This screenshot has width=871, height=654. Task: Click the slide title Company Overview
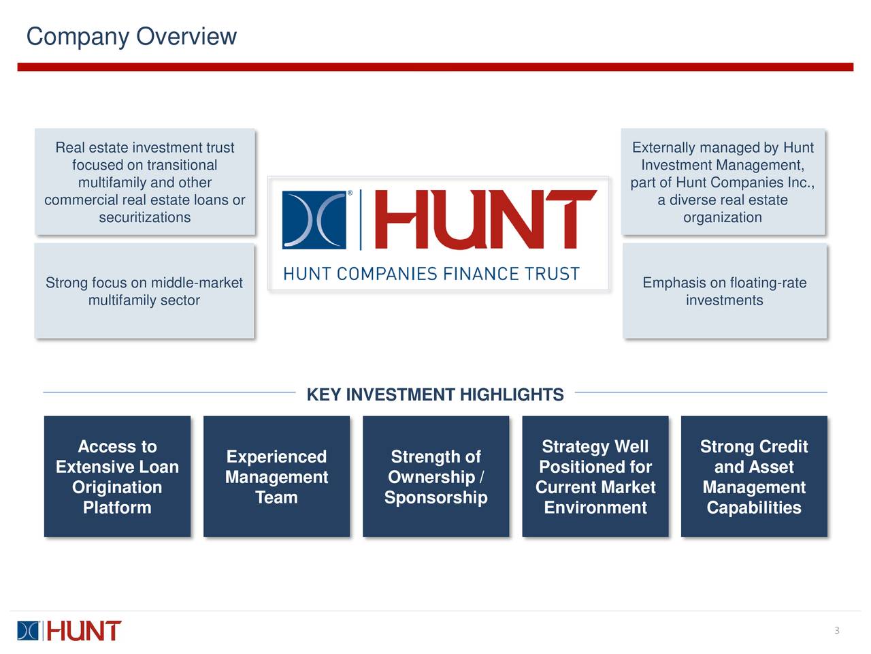[131, 36]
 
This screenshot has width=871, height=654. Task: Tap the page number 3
[837, 630]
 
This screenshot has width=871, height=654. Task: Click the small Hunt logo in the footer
[69, 631]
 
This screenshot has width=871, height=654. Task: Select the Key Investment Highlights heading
[435, 395]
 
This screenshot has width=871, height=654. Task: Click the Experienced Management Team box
[276, 476]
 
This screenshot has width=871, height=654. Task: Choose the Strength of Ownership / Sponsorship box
[435, 476]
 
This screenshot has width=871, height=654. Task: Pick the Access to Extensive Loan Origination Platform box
[117, 476]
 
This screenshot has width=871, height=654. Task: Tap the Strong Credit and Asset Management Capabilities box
[754, 476]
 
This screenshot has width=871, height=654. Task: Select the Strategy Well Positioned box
[595, 476]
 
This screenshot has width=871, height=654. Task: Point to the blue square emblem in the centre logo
[314, 220]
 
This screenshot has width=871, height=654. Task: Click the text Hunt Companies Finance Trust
[431, 274]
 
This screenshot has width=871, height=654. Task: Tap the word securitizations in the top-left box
[144, 218]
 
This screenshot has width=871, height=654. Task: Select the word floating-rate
[768, 283]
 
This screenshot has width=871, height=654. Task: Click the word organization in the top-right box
[723, 218]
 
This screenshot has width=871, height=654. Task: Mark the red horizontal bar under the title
[435, 67]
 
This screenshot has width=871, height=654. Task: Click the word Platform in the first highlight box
[117, 508]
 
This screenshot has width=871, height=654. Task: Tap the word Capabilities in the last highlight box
[754, 508]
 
